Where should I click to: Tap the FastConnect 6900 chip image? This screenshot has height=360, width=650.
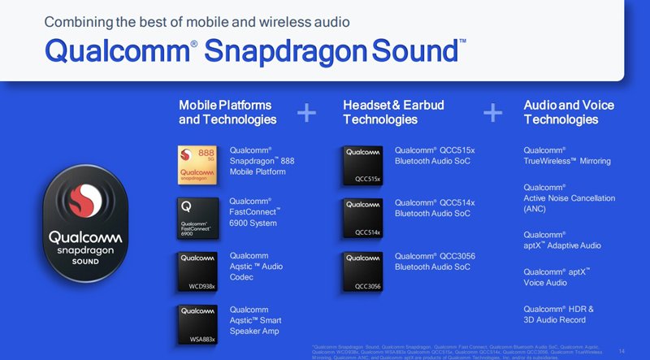tap(198, 217)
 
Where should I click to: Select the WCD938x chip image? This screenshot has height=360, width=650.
tap(198, 271)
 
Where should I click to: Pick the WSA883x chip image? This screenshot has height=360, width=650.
tap(198, 323)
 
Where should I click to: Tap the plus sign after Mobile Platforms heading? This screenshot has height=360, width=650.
tap(306, 113)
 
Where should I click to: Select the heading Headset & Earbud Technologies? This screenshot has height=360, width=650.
tap(393, 113)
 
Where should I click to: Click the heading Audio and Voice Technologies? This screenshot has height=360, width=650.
tap(569, 113)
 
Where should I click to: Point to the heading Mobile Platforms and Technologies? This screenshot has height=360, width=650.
tap(227, 113)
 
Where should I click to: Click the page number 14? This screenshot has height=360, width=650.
tap(622, 351)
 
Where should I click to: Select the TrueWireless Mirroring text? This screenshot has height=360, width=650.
tap(567, 161)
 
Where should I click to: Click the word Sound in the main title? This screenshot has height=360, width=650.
tap(414, 50)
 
